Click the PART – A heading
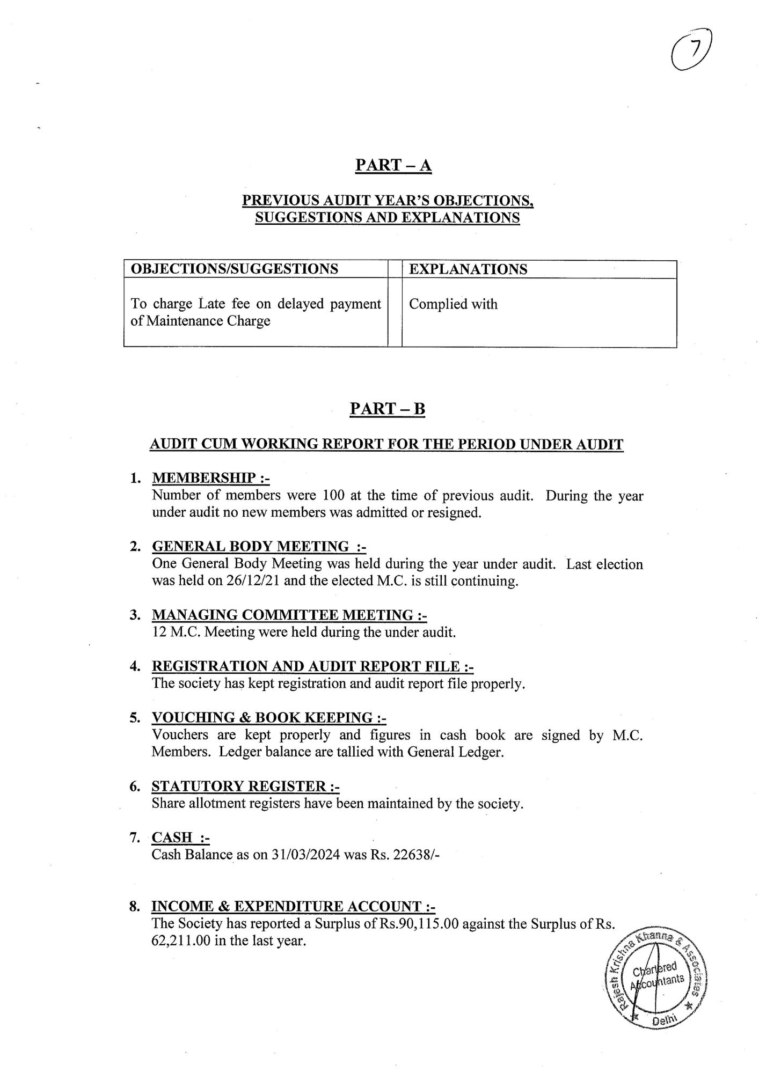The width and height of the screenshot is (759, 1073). tap(393, 165)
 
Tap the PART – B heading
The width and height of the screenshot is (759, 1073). tap(387, 409)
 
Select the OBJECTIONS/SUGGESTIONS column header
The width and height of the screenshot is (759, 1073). tap(235, 269)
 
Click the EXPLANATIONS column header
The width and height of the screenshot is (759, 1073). tap(468, 269)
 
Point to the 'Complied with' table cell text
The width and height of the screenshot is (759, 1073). tap(453, 304)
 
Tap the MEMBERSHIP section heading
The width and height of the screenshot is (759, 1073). tap(210, 477)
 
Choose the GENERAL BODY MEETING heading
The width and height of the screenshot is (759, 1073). tap(259, 547)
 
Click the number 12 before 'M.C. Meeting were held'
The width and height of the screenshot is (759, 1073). tap(159, 632)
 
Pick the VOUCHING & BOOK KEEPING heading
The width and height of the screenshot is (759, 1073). tap(269, 718)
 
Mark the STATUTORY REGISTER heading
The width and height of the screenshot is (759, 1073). tap(245, 787)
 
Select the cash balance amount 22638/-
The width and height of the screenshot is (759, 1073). tap(417, 855)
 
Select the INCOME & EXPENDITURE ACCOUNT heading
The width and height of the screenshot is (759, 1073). tap(293, 907)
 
